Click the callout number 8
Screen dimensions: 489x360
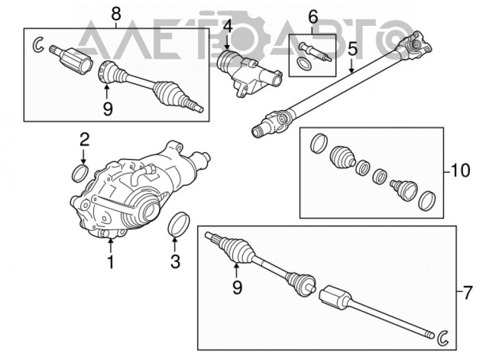115,14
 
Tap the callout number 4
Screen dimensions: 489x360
228,27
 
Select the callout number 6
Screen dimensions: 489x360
313,17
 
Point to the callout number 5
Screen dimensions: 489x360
352,49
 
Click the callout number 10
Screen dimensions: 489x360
460,171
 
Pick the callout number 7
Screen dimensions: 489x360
467,294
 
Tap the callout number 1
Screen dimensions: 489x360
111,262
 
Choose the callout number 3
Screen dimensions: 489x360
175,261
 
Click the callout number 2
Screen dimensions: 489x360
84,140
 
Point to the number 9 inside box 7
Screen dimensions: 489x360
237,287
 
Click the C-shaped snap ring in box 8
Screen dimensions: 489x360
37,44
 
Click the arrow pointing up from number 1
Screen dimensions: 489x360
111,246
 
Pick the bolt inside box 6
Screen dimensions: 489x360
315,52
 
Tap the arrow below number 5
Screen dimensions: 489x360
351,65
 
